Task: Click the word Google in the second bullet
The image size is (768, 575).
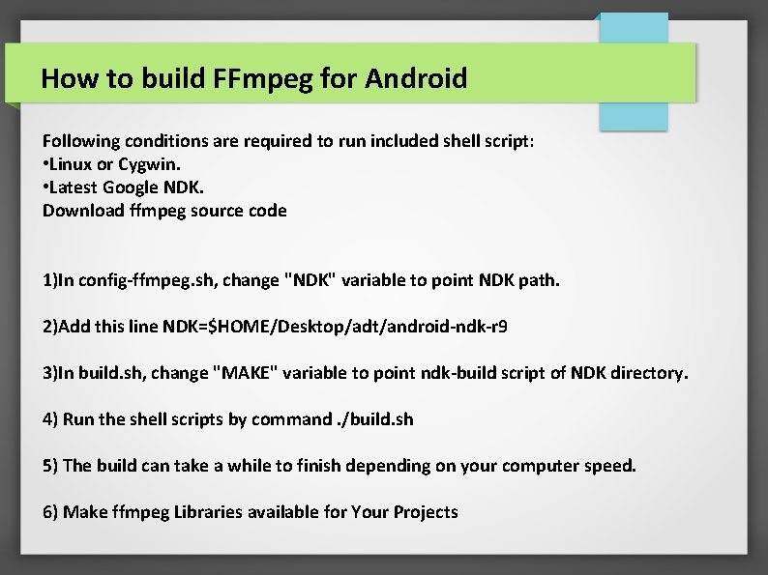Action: point(132,187)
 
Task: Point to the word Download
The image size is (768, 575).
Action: point(83,210)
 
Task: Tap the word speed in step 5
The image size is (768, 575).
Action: point(609,466)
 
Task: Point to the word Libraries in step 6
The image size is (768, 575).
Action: point(208,512)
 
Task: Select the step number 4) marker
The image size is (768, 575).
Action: point(50,419)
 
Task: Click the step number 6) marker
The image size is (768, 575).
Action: point(50,512)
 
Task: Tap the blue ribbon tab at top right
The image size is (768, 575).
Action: point(633,72)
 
